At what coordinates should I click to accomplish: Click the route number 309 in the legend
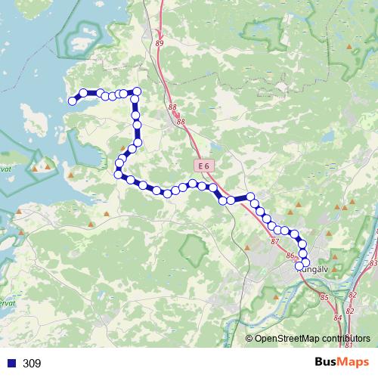(32, 364)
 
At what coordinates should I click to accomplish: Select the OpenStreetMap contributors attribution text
(312, 338)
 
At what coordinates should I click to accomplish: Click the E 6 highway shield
(201, 166)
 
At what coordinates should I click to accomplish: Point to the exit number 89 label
(160, 44)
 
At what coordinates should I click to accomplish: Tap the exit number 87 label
(274, 242)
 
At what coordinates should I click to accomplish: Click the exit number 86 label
(290, 256)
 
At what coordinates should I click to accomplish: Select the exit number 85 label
(324, 298)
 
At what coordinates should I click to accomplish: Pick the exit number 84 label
(337, 318)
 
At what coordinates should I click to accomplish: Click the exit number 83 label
(373, 263)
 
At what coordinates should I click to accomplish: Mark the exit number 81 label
(349, 345)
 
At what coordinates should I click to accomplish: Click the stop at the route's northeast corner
(137, 91)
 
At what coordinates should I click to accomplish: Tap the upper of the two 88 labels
(172, 108)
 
